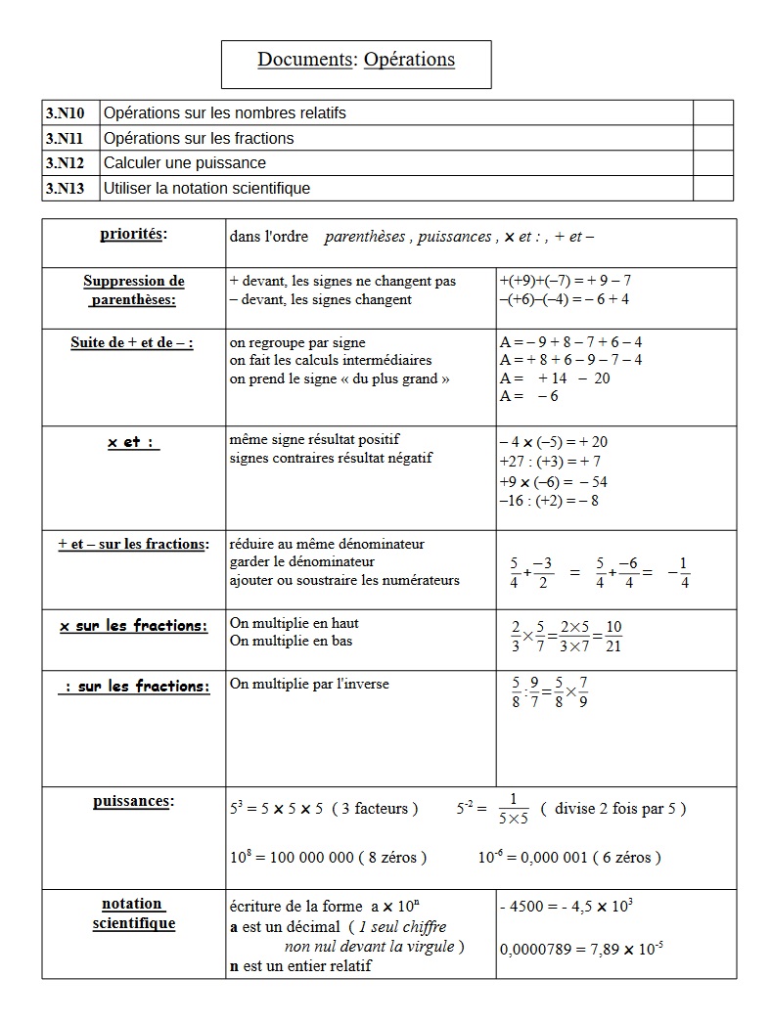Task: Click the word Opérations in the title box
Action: (409, 60)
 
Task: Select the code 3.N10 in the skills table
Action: (65, 112)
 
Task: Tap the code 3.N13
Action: (65, 188)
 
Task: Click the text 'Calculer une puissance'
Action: (185, 163)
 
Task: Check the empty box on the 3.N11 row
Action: (712, 138)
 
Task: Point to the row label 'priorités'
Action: (133, 234)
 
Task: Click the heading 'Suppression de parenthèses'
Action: (133, 290)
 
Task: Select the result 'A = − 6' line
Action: (529, 396)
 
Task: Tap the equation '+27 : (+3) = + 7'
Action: (550, 462)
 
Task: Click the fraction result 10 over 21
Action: (614, 636)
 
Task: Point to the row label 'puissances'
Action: (133, 801)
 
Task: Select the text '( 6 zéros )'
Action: (626, 858)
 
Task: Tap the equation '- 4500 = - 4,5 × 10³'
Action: (566, 906)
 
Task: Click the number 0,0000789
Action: (532, 949)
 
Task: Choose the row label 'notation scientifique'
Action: (133, 913)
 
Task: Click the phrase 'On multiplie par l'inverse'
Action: (309, 684)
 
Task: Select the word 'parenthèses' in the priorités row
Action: (366, 237)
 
